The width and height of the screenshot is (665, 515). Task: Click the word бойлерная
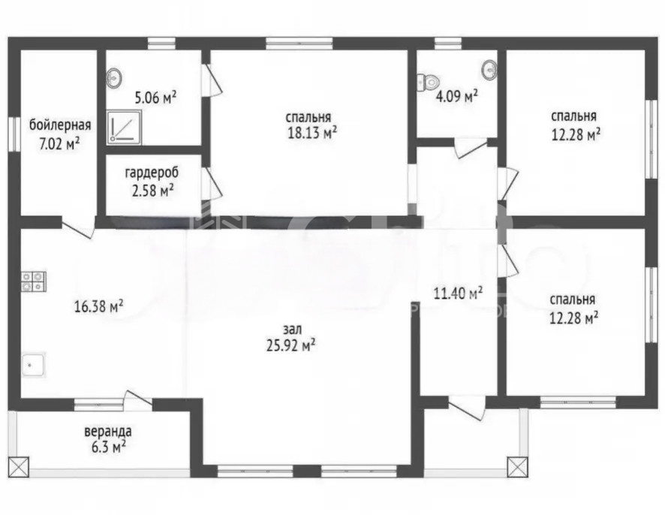click(60, 125)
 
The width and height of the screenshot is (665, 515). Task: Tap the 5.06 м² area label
click(155, 98)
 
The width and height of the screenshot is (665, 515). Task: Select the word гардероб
click(152, 173)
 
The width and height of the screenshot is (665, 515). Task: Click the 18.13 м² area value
click(312, 133)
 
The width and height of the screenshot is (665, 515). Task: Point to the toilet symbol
click(429, 82)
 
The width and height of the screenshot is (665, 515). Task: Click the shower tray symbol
click(123, 126)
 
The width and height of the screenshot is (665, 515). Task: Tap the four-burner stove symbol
click(34, 282)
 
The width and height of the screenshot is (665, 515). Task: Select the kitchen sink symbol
click(33, 365)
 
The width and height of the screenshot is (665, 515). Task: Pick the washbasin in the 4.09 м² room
click(490, 70)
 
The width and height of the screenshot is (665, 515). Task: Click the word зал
click(292, 330)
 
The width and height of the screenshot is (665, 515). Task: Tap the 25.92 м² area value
click(291, 345)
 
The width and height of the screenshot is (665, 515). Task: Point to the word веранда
click(108, 432)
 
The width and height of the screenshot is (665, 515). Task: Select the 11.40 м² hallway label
click(458, 293)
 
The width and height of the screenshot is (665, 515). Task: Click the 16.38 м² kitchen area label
click(99, 306)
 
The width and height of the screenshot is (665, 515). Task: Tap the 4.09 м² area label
click(457, 96)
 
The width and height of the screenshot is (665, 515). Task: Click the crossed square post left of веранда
click(18, 467)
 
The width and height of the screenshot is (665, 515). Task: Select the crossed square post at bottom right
click(517, 467)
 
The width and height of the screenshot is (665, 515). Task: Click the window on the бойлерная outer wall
click(14, 134)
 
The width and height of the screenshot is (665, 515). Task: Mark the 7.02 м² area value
click(59, 144)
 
